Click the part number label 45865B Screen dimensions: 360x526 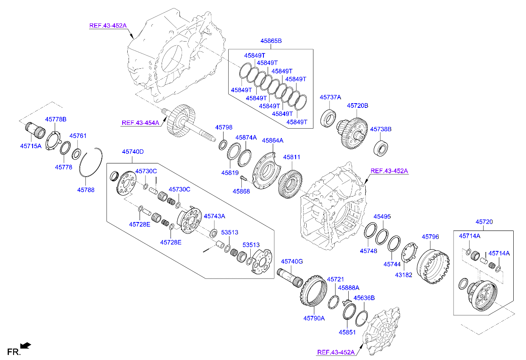[x=271, y=41]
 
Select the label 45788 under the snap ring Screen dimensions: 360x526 [x=86, y=190]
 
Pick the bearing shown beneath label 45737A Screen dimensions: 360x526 [x=328, y=118]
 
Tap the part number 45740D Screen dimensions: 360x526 [x=133, y=152]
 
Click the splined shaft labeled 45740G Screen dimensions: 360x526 [x=289, y=277]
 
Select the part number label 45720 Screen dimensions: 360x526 [x=484, y=222]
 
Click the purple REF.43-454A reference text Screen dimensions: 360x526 [x=140, y=123]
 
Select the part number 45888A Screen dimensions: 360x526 [x=348, y=287]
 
